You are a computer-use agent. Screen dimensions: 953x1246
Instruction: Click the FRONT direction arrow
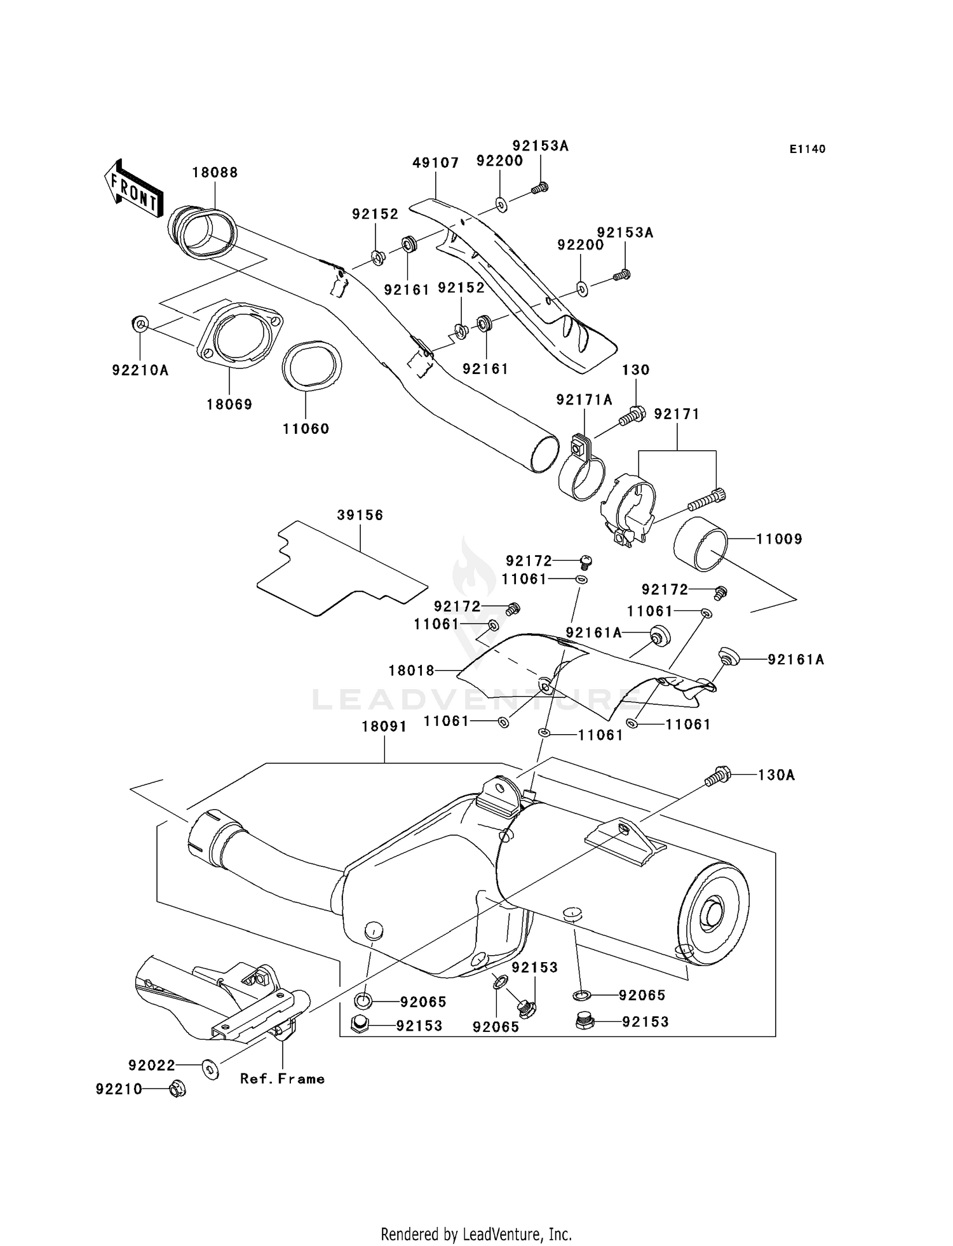133,189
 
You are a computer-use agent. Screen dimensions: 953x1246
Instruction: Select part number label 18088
215,173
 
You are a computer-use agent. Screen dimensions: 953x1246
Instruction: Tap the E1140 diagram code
808,149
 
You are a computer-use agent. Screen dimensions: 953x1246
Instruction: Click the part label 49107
435,163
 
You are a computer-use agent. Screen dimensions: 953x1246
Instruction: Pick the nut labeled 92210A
140,324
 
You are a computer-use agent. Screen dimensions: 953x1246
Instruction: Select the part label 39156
360,515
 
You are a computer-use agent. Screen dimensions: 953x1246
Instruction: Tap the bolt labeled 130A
718,775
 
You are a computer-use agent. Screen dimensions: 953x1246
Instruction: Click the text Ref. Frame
282,1078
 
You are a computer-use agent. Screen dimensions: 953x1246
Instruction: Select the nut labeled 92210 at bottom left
177,1090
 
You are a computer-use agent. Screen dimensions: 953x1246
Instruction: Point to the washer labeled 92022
210,1068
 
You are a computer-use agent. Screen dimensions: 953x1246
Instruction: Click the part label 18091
384,727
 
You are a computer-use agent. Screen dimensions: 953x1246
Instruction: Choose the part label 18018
411,670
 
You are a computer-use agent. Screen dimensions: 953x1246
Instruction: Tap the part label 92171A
584,399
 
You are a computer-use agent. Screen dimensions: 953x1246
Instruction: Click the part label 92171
677,414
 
